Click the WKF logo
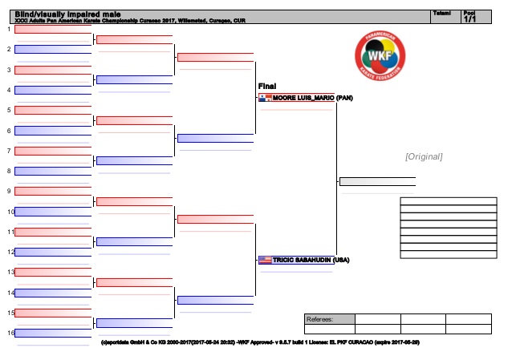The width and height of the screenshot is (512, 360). pyautogui.click(x=380, y=57)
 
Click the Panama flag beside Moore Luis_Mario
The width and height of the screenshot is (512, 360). pyautogui.click(x=265, y=98)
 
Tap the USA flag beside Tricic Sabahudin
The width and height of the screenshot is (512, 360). pyautogui.click(x=265, y=261)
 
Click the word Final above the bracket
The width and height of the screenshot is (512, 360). pyautogui.click(x=267, y=86)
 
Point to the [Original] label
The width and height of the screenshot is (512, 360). pyautogui.click(x=424, y=156)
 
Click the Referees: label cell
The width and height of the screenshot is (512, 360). pyautogui.click(x=329, y=319)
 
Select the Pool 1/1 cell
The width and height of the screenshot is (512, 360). pyautogui.click(x=469, y=16)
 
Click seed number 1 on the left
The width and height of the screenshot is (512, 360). pyautogui.click(x=9, y=29)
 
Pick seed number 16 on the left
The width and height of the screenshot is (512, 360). pyautogui.click(x=9, y=333)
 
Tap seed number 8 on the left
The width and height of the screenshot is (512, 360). pyautogui.click(x=9, y=171)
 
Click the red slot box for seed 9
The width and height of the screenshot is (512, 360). pyautogui.click(x=53, y=191)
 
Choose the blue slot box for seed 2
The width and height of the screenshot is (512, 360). pyautogui.click(x=53, y=49)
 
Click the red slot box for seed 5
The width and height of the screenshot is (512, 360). pyautogui.click(x=53, y=110)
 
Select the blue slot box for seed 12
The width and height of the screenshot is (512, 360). pyautogui.click(x=53, y=252)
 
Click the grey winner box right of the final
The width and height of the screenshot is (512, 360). pyautogui.click(x=377, y=181)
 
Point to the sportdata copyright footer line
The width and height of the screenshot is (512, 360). pyautogui.click(x=260, y=342)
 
